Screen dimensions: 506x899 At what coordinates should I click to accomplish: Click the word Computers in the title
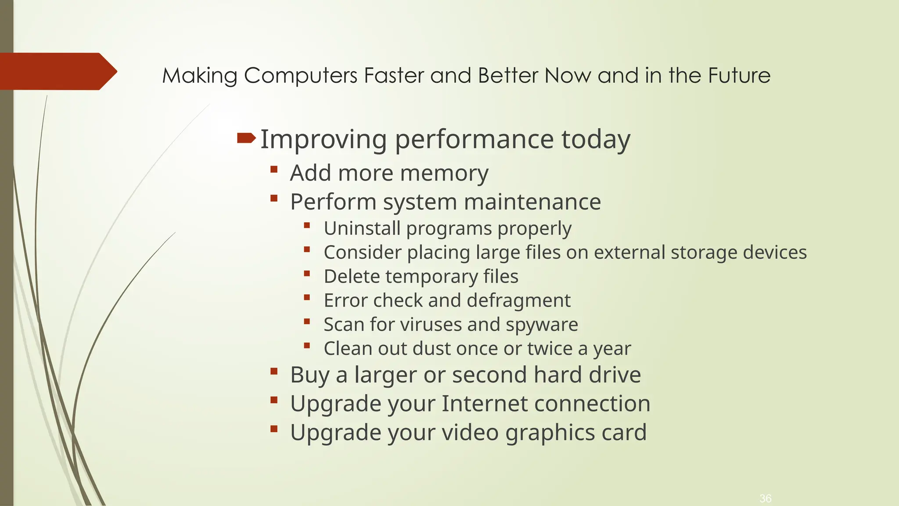pos(300,76)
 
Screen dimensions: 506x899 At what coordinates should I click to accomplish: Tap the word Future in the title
pos(739,76)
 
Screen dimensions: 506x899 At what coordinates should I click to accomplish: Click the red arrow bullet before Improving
pos(246,139)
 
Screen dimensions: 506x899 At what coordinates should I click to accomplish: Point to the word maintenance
pos(532,202)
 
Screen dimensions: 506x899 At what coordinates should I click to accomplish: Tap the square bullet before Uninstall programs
pos(307,226)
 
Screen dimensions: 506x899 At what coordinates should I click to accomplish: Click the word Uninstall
pos(362,228)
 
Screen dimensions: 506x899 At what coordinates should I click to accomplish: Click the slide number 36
pos(765,499)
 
